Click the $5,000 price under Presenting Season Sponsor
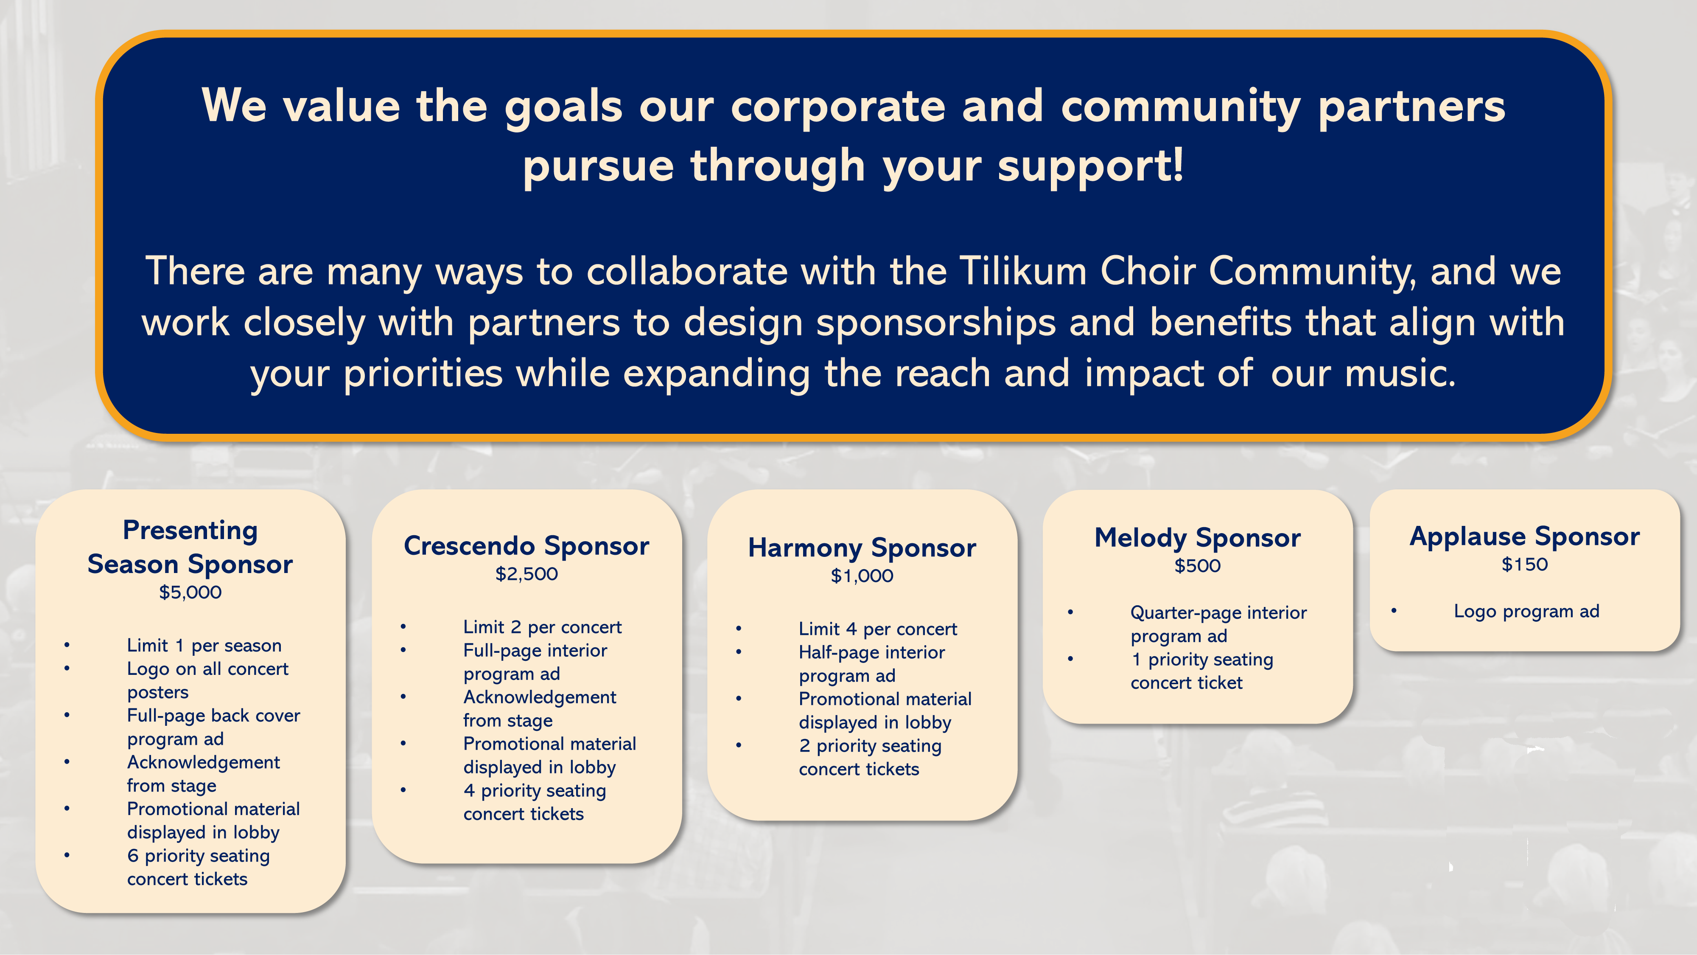pyautogui.click(x=190, y=592)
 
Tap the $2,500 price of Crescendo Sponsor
pyautogui.click(x=526, y=573)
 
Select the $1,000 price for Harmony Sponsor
pyautogui.click(x=862, y=576)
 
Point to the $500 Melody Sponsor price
pyautogui.click(x=1197, y=565)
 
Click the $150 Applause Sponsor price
pyautogui.click(x=1524, y=564)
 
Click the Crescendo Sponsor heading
pyautogui.click(x=526, y=546)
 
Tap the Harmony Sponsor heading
pyautogui.click(x=862, y=548)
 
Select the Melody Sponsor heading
pyautogui.click(x=1197, y=538)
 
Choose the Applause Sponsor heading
pyautogui.click(x=1524, y=536)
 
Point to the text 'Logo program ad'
pyautogui.click(x=1526, y=611)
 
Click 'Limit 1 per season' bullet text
pyautogui.click(x=204, y=645)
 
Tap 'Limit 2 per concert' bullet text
pyautogui.click(x=542, y=627)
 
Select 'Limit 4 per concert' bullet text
pyautogui.click(x=877, y=629)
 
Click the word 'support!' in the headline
pyautogui.click(x=1090, y=165)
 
